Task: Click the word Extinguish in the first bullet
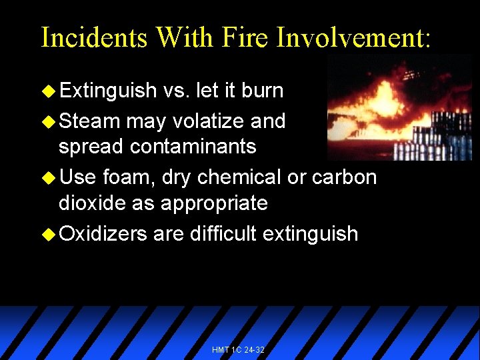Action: (x=107, y=91)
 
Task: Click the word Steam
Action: (x=89, y=121)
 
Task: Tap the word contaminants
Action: (x=191, y=147)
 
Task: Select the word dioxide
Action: (x=94, y=203)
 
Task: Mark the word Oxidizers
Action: (x=103, y=234)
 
